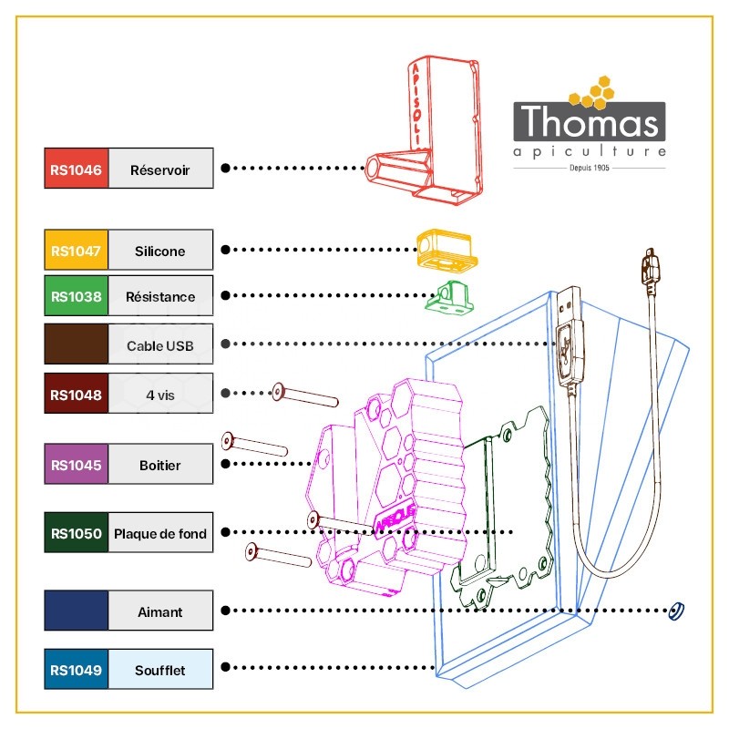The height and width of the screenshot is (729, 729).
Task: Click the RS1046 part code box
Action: point(77,169)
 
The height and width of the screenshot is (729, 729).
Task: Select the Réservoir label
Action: point(160,170)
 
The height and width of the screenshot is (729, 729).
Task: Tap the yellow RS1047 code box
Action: point(77,250)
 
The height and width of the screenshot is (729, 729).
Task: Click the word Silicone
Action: point(160,252)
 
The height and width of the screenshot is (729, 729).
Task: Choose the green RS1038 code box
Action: point(77,295)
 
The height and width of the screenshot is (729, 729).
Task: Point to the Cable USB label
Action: point(160,346)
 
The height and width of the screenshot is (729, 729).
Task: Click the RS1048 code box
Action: point(77,394)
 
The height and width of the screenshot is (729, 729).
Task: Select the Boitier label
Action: point(160,466)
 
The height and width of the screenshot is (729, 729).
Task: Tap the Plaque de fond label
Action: point(160,534)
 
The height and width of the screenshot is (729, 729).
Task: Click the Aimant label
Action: point(160,611)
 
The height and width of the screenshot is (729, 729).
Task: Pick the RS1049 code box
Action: point(77,669)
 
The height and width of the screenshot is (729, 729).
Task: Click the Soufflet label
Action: point(160,671)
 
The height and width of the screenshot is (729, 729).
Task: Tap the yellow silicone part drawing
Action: point(447,250)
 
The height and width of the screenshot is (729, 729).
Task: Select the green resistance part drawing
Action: point(449,298)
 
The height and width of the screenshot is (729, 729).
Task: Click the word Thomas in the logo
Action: point(590,121)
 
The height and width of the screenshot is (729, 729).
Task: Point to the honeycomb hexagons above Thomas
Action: point(591,92)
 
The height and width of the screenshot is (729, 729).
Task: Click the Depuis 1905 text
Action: point(590,168)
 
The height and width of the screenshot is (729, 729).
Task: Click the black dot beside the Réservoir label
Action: point(225,169)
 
